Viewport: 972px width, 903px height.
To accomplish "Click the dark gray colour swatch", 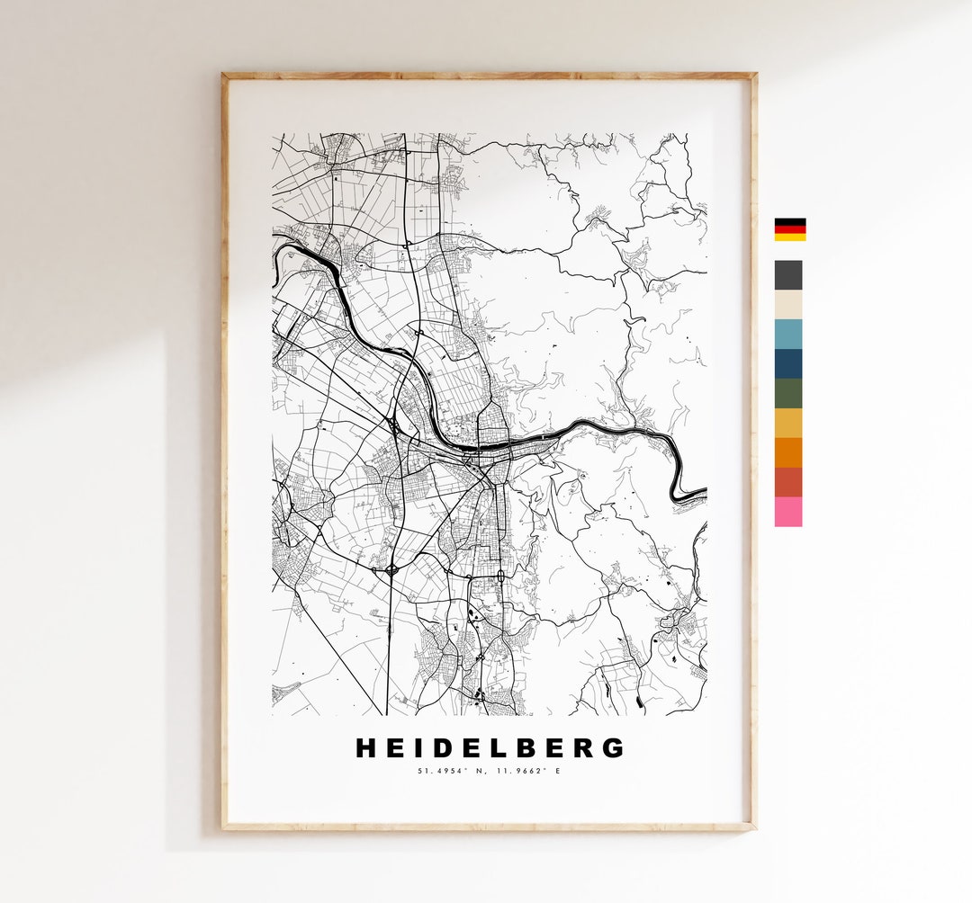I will [x=788, y=275].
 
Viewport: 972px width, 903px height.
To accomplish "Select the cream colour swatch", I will [x=788, y=305].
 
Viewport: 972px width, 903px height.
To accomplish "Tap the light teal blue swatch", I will [x=788, y=334].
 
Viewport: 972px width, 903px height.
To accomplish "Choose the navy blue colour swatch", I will [x=788, y=363].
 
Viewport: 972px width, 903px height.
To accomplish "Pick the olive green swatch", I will [x=788, y=393].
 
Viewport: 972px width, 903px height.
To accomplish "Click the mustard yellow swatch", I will [x=788, y=423].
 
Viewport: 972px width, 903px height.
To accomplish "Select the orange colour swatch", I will [x=788, y=452].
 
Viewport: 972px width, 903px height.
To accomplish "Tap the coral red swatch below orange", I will [x=788, y=482].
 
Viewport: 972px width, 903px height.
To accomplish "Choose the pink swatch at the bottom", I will [x=788, y=512].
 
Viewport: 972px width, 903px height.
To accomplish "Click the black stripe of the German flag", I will [x=790, y=221].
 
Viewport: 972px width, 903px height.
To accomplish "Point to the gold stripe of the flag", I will [x=790, y=237].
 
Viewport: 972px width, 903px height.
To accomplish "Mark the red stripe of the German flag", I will [x=790, y=229].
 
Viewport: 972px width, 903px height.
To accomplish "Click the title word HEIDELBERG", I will [x=490, y=747].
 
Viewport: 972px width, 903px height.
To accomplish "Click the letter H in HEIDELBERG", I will [x=367, y=747].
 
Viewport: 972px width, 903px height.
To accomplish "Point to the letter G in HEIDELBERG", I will [x=612, y=747].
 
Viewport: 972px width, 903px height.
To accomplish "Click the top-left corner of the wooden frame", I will [x=225, y=76].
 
